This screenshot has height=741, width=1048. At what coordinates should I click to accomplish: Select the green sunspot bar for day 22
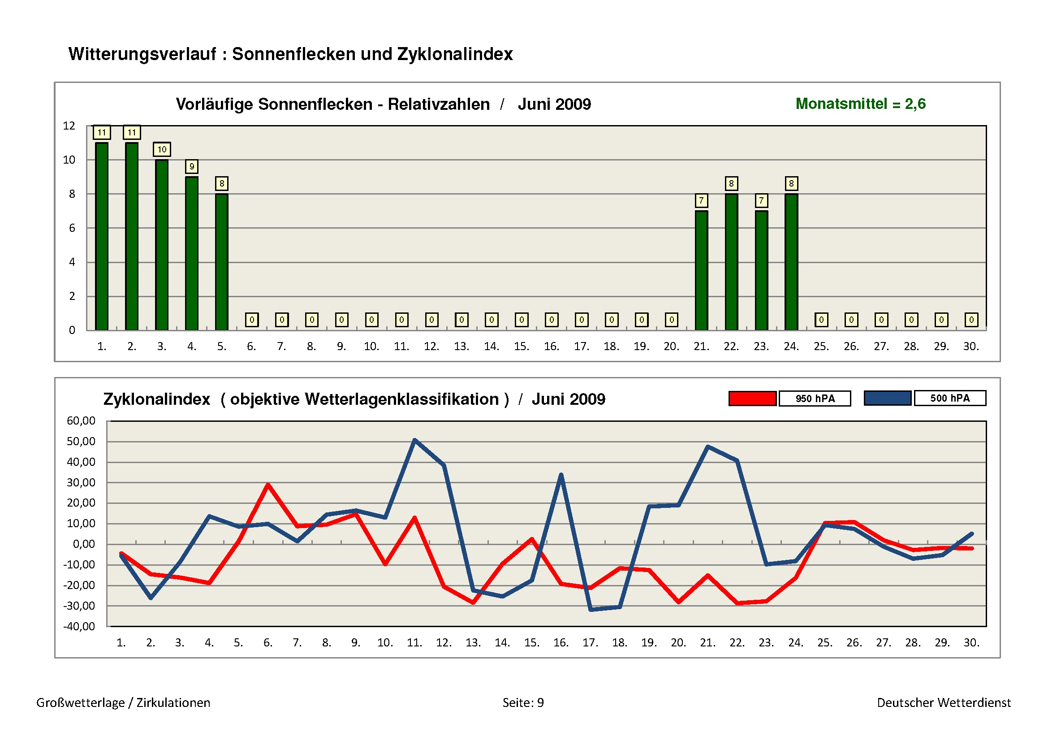click(x=731, y=262)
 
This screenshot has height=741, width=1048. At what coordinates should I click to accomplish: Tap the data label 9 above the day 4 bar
click(x=192, y=166)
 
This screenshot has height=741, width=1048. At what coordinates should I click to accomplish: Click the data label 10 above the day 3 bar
click(x=162, y=149)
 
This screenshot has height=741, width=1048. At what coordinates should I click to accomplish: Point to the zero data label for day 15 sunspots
click(x=521, y=320)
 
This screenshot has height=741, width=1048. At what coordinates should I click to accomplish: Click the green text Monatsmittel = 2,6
click(x=860, y=104)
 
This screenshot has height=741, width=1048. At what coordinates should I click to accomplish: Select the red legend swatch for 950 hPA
click(x=752, y=398)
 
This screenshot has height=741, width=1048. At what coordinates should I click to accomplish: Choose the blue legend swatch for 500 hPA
click(x=887, y=398)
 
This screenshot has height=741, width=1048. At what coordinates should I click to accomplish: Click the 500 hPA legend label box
click(x=950, y=398)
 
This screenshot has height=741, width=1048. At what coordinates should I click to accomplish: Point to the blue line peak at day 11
click(x=414, y=440)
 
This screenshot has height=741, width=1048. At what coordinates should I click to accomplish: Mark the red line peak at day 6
click(x=268, y=485)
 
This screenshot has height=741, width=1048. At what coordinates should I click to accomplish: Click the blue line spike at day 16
click(x=561, y=475)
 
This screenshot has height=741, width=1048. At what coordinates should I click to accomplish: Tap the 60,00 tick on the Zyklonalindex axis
click(x=81, y=421)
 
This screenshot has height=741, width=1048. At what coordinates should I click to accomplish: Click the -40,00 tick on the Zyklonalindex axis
click(x=79, y=626)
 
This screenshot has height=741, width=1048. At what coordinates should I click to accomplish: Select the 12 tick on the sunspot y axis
click(x=69, y=126)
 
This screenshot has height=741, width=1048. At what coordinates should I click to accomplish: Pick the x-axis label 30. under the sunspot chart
click(x=971, y=347)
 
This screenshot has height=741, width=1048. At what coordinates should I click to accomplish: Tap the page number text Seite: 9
click(x=523, y=702)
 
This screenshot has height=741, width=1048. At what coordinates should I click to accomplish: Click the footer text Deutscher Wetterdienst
click(x=944, y=702)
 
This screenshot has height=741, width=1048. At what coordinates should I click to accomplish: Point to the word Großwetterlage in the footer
click(x=80, y=702)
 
